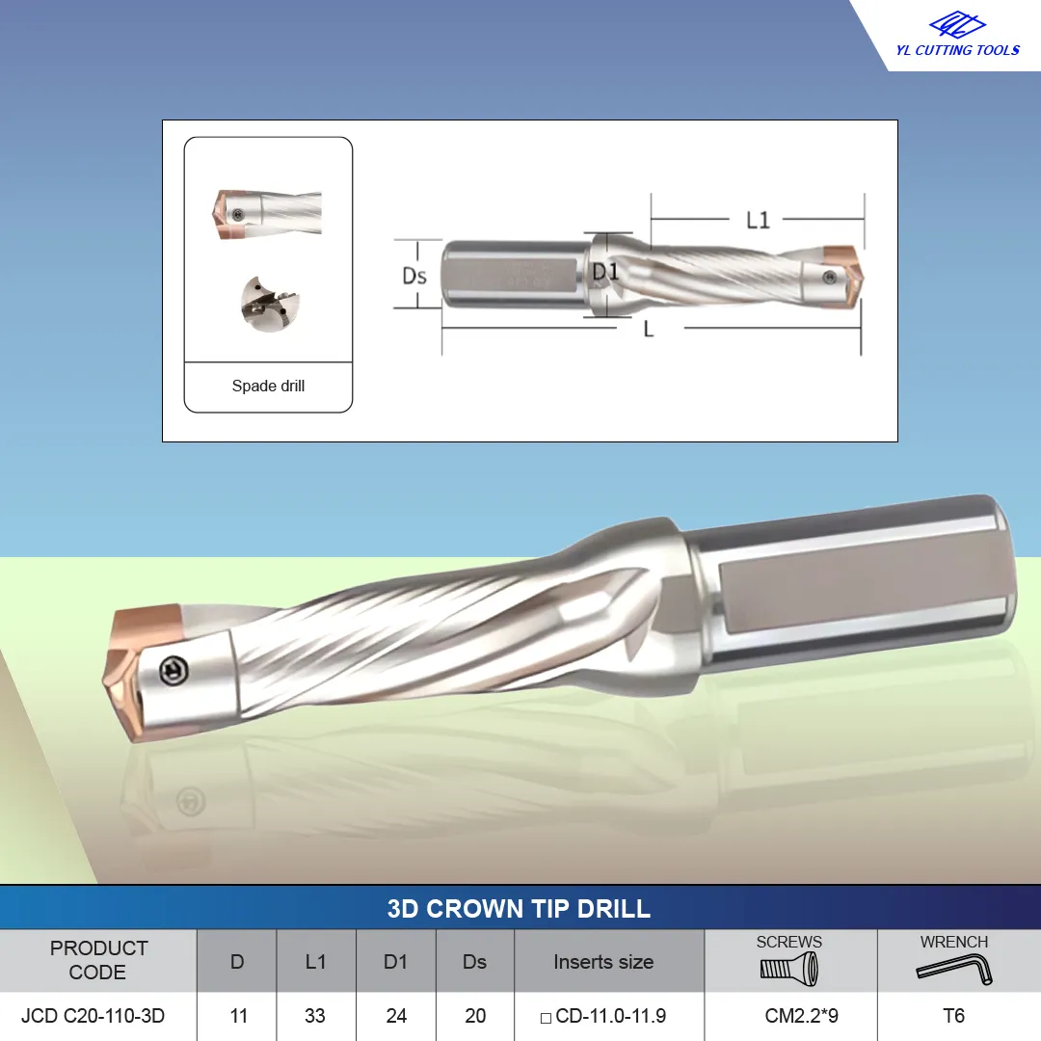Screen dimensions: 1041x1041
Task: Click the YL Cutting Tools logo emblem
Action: (957, 25)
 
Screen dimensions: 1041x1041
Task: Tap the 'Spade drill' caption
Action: (268, 386)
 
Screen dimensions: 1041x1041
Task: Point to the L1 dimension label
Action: (758, 220)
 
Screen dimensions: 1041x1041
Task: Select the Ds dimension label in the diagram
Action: (414, 276)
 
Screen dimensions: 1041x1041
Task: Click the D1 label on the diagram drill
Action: (604, 272)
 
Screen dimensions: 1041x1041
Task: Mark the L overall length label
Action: (649, 329)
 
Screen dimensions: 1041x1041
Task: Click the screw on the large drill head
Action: (173, 671)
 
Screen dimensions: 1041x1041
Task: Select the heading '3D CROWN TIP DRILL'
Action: (519, 908)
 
